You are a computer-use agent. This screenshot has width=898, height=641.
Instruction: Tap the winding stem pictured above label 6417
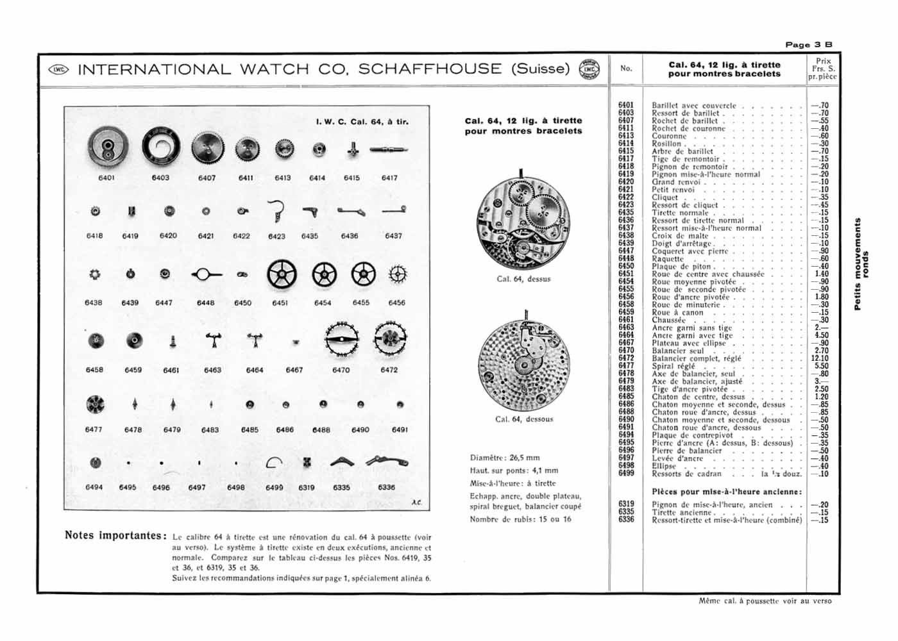pos(389,150)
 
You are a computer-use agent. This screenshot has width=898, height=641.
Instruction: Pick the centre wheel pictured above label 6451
pos(282,275)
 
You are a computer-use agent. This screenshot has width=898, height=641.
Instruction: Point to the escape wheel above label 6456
pos(398,274)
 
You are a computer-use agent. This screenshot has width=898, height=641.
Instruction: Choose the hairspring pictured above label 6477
pos(95,404)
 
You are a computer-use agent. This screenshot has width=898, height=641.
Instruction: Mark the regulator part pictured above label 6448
pos(205,275)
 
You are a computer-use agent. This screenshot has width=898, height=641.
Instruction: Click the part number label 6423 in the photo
pos(276,237)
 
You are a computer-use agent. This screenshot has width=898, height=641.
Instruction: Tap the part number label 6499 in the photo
pos(274,488)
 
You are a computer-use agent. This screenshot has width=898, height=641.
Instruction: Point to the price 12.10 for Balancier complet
pos(819,358)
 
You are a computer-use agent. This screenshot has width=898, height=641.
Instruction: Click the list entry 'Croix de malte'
pos(680,236)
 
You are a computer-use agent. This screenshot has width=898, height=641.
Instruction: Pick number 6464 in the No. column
pos(626,335)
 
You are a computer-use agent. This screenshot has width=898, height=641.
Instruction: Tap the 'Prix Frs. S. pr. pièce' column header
pos(822,69)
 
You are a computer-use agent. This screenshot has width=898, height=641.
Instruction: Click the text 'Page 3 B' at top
pos(809,44)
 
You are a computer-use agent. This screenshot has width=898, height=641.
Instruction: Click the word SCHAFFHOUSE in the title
pos(430,69)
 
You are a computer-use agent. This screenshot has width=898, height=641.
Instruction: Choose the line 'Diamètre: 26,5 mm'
pos(505,458)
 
